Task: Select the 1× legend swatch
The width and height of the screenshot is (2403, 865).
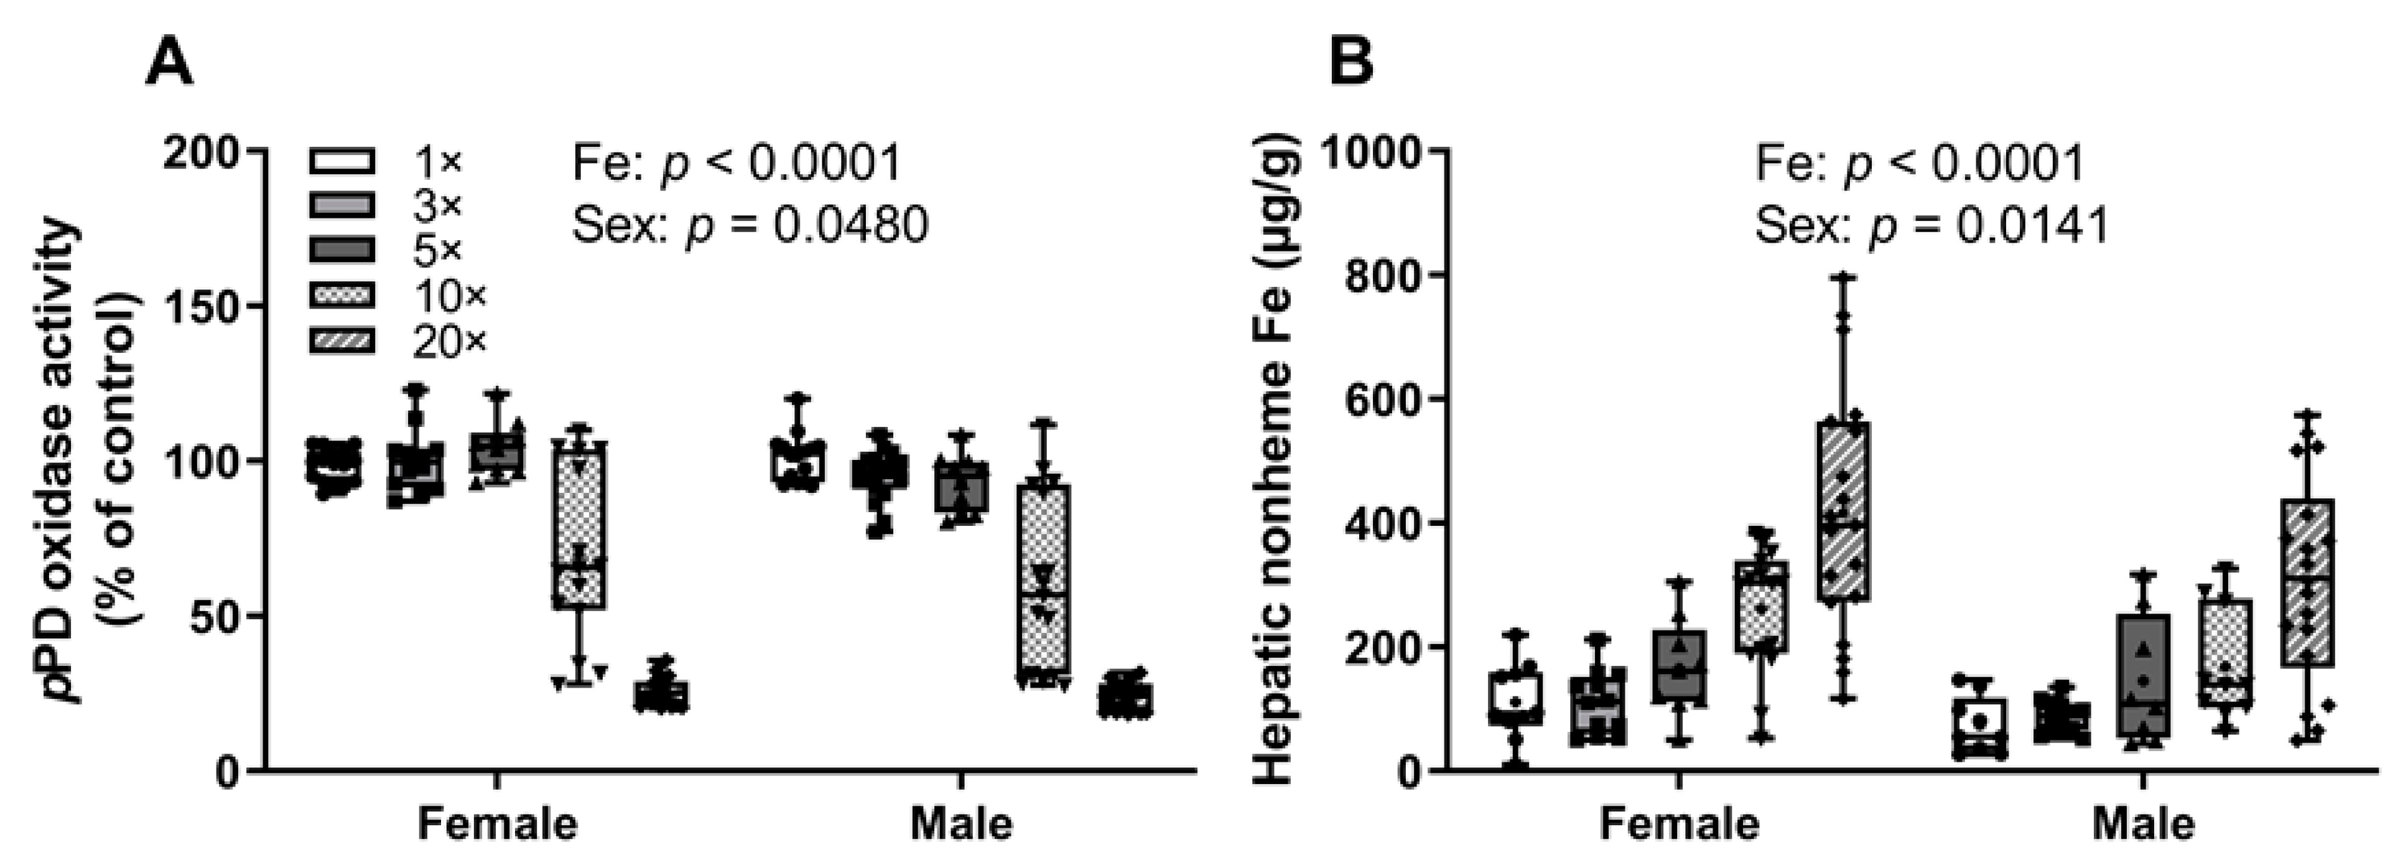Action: tap(342, 161)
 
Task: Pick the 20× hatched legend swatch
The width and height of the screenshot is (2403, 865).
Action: tap(342, 342)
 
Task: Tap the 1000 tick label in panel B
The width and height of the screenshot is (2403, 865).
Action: tap(1367, 151)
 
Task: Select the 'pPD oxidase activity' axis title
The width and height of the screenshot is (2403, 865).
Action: tap(65, 462)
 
